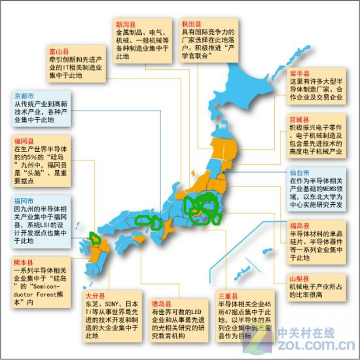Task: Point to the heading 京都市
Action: click(23, 96)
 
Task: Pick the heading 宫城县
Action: click(299, 120)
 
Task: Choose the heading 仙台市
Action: click(299, 173)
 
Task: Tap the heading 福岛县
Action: click(299, 226)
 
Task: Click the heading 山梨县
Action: click(299, 278)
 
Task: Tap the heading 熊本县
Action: click(23, 261)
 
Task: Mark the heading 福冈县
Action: click(23, 140)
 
